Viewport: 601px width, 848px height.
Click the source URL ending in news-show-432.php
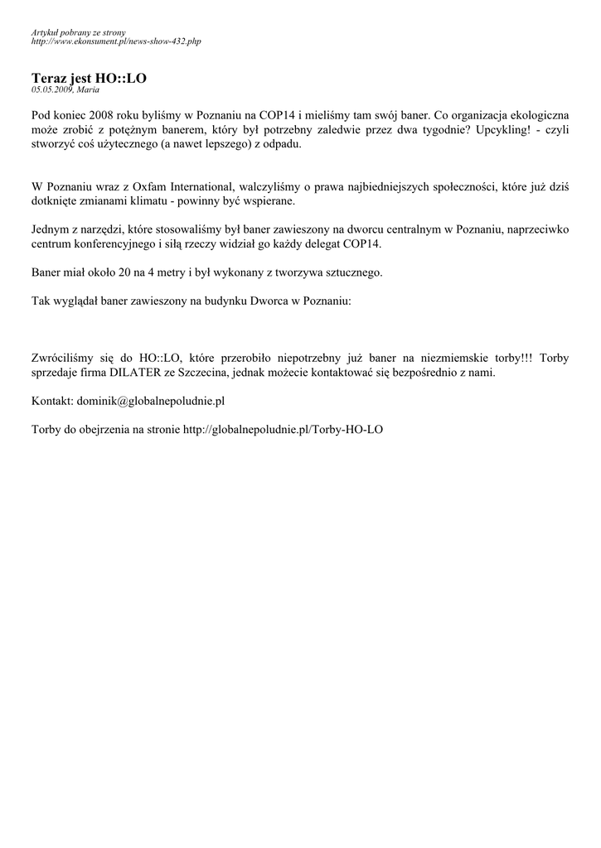click(x=115, y=41)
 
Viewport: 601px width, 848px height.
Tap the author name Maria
click(x=88, y=89)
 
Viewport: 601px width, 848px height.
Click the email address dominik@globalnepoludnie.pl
click(x=151, y=401)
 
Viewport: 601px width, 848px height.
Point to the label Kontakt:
click(x=52, y=401)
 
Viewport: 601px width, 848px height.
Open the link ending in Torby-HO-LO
click(x=283, y=429)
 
